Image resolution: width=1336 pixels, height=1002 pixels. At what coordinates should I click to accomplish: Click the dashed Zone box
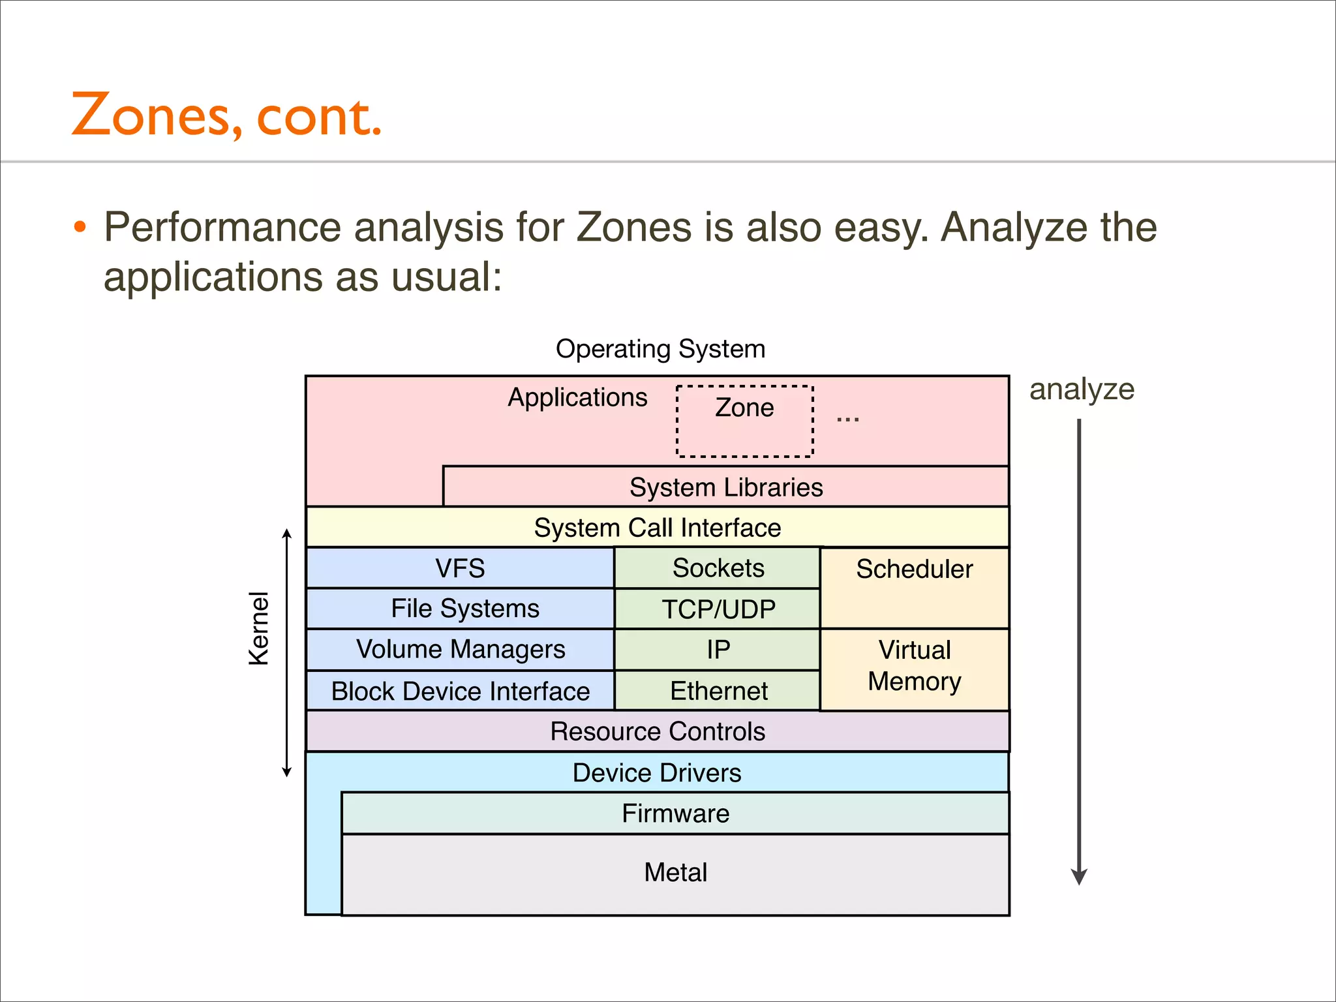(744, 421)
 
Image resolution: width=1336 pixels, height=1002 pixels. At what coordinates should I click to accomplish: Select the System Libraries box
(725, 487)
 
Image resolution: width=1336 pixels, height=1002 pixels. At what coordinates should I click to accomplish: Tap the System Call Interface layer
(657, 527)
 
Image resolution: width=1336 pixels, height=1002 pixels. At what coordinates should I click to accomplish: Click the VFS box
(460, 568)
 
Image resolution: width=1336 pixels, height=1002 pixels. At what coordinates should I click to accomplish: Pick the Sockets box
(718, 568)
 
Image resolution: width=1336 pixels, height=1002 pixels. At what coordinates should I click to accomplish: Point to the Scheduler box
(914, 587)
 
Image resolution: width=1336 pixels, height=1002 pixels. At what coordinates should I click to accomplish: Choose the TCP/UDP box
(718, 609)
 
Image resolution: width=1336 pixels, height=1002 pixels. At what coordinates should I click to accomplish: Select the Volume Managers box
(460, 649)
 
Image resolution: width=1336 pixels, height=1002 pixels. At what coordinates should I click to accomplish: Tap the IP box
(718, 649)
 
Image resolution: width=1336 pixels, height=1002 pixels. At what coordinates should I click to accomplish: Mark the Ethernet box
(718, 690)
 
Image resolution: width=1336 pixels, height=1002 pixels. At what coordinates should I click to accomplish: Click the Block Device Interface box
(460, 691)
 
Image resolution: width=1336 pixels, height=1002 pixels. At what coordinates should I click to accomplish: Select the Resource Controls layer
(657, 731)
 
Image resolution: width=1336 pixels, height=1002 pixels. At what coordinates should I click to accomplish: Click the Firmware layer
(675, 813)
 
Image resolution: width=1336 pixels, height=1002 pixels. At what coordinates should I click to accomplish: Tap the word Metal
(675, 872)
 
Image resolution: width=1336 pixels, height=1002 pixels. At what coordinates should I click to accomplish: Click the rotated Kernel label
(259, 628)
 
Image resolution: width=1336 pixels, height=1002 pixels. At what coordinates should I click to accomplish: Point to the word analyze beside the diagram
(1082, 389)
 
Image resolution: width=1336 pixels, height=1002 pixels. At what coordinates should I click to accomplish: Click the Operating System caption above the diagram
(660, 349)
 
